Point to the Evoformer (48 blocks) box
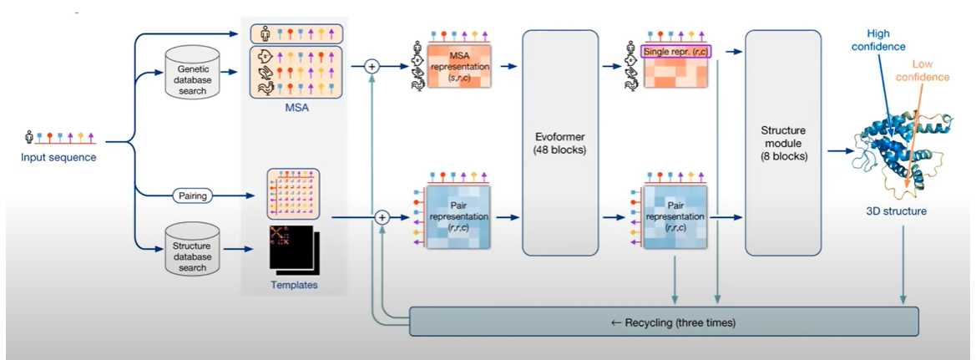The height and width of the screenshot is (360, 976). [560, 143]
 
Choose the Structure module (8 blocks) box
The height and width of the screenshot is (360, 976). [783, 143]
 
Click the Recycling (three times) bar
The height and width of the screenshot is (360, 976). [664, 322]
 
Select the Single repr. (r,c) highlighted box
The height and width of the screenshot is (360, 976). [674, 52]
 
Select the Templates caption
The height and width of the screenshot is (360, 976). [295, 286]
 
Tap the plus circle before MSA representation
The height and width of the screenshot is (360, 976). [373, 67]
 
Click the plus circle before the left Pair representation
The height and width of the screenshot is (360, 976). [382, 217]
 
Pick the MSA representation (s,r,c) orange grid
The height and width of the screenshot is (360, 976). [455, 68]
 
